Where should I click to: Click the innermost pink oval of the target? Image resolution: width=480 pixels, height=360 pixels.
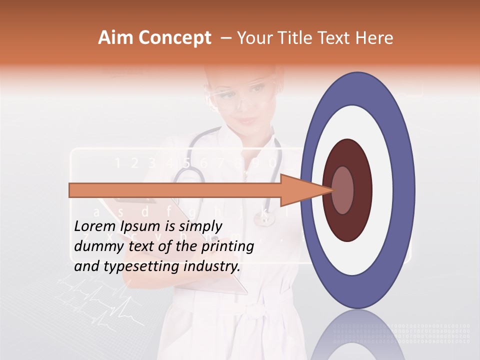pyautogui.click(x=343, y=190)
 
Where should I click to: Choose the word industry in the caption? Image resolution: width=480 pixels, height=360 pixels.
pyautogui.click(x=212, y=266)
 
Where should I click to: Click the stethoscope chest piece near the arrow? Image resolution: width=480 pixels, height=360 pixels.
pyautogui.click(x=263, y=218)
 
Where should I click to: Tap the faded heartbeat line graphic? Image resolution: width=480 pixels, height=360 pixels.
pyautogui.click(x=95, y=300)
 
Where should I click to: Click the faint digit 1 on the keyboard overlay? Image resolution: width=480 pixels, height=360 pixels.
pyautogui.click(x=118, y=162)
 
